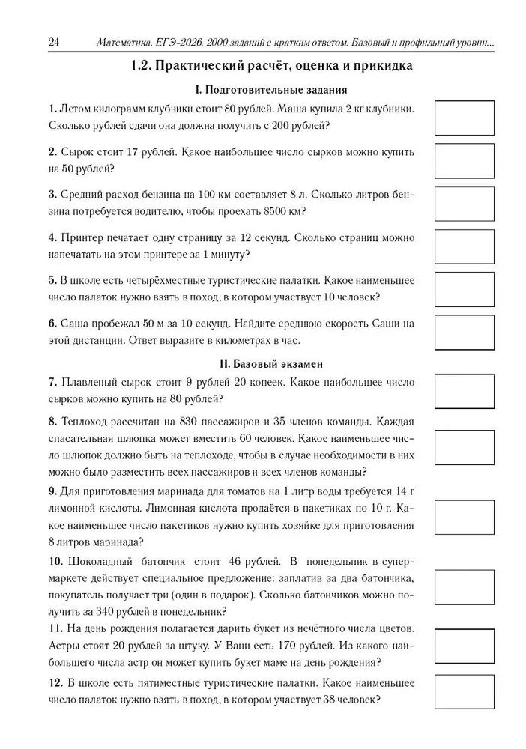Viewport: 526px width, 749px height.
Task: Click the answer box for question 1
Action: pos(465,118)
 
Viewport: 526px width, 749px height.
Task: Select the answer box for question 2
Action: pos(465,160)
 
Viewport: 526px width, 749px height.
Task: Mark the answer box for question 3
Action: pos(465,204)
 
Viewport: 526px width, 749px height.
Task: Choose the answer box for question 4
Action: pos(465,246)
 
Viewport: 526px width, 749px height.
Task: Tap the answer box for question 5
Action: pos(465,290)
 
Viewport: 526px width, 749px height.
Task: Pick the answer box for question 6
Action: pos(465,333)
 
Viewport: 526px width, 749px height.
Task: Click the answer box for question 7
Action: pos(465,391)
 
